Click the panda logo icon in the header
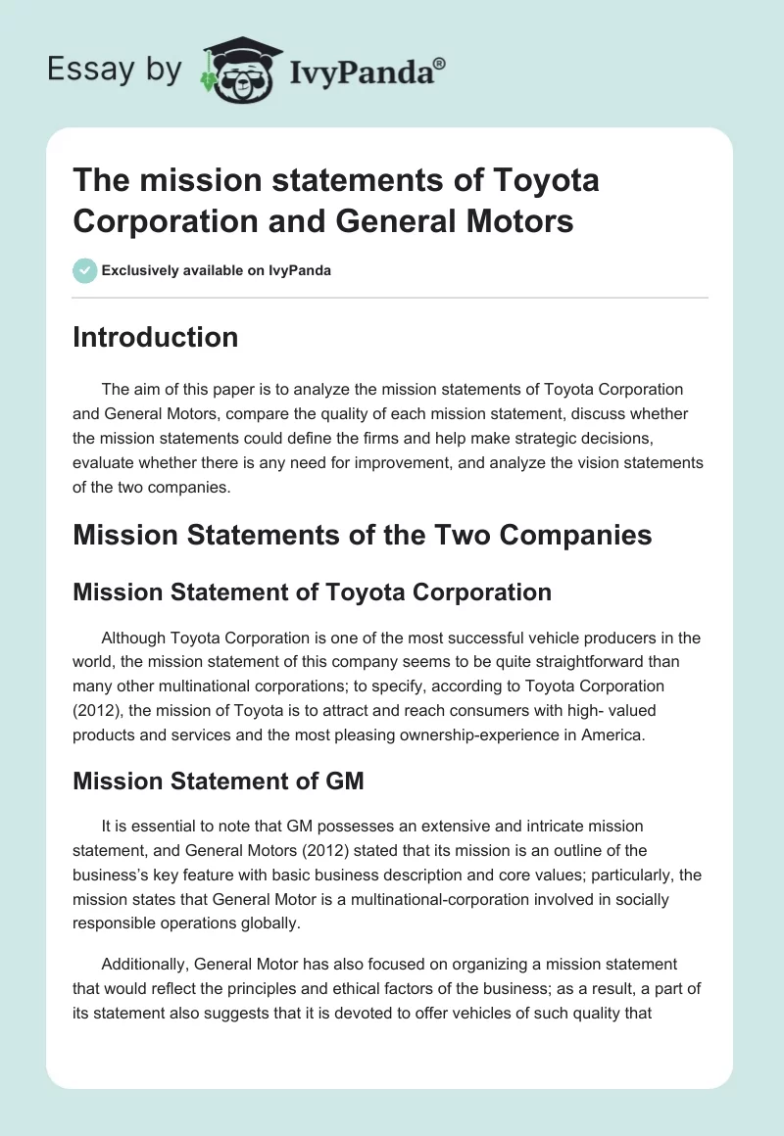(239, 70)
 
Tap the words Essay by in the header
(115, 70)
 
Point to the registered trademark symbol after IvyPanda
(440, 62)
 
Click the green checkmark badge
(85, 270)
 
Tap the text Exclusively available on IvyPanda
(217, 271)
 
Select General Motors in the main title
(455, 221)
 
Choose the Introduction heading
(155, 337)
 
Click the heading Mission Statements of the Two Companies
(363, 536)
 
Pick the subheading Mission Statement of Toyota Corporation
(312, 592)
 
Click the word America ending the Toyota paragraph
(612, 733)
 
